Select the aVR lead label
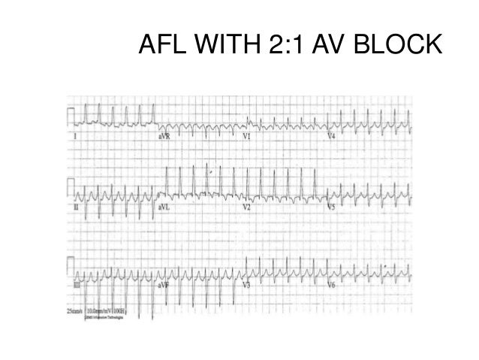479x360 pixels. (x=163, y=138)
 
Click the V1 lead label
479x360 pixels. (x=246, y=138)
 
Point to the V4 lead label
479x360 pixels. (x=331, y=138)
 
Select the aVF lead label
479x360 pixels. (x=163, y=286)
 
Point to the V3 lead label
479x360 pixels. (x=246, y=286)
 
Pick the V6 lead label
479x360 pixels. (x=331, y=286)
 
